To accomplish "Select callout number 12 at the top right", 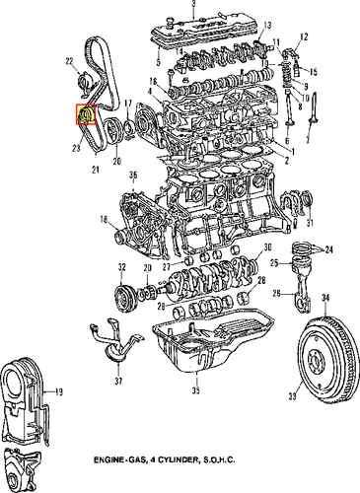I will click(x=304, y=36).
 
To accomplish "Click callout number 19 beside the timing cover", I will click(x=59, y=392).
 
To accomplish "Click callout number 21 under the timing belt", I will click(x=96, y=171).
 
